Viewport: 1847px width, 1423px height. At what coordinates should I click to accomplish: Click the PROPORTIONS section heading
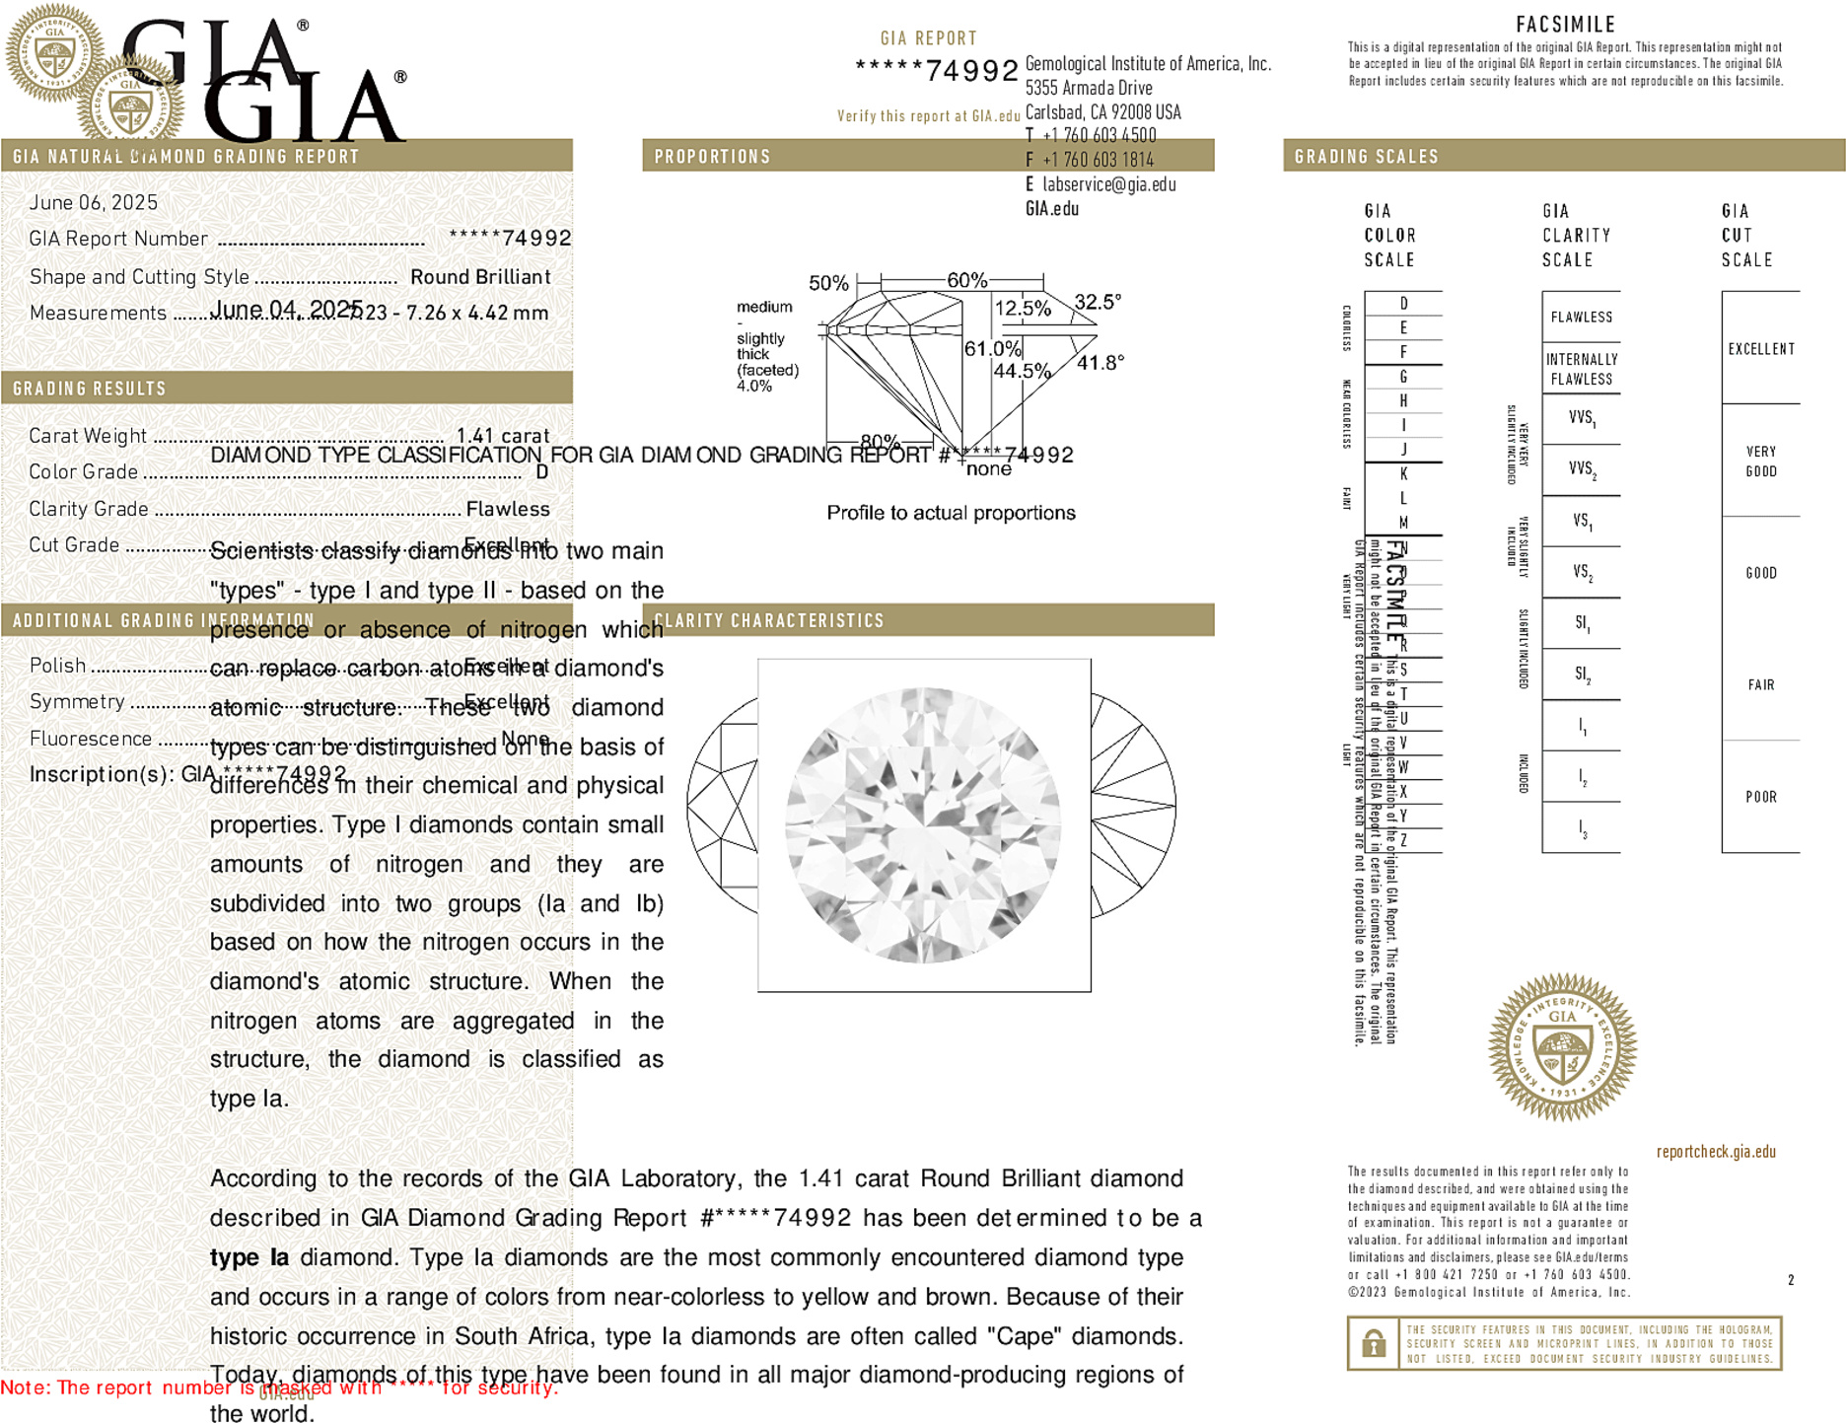[x=712, y=157]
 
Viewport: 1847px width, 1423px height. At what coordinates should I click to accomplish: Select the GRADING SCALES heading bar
[x=1366, y=157]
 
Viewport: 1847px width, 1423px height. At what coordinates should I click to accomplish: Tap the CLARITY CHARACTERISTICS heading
[x=769, y=620]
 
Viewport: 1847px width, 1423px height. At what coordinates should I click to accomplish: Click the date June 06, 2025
[x=94, y=203]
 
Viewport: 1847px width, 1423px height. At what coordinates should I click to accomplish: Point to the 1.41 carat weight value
[x=502, y=436]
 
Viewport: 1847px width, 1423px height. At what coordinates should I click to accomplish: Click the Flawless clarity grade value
[x=508, y=509]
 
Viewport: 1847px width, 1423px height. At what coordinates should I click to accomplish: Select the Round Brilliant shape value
[x=480, y=277]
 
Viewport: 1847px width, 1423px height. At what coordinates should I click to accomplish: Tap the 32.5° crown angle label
[x=1098, y=302]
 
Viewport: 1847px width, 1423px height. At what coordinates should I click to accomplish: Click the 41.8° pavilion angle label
[x=1101, y=363]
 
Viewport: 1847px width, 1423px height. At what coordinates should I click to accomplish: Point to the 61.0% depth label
[x=992, y=349]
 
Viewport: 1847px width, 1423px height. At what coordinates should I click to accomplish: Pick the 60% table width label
[x=966, y=280]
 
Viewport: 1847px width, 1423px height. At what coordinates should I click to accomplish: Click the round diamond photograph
[x=924, y=825]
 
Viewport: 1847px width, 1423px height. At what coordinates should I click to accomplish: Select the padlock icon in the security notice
[x=1374, y=1343]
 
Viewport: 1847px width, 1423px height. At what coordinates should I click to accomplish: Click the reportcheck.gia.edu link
[x=1716, y=1152]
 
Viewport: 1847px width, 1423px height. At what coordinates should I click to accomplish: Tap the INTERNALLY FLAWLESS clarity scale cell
[x=1581, y=369]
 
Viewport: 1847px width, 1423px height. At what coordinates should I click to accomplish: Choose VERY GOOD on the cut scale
[x=1760, y=462]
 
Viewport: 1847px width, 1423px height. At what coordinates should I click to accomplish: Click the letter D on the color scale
[x=1403, y=304]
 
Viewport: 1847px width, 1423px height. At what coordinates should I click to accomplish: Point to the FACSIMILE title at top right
[x=1565, y=25]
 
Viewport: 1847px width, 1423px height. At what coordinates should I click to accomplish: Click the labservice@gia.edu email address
[x=1108, y=184]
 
